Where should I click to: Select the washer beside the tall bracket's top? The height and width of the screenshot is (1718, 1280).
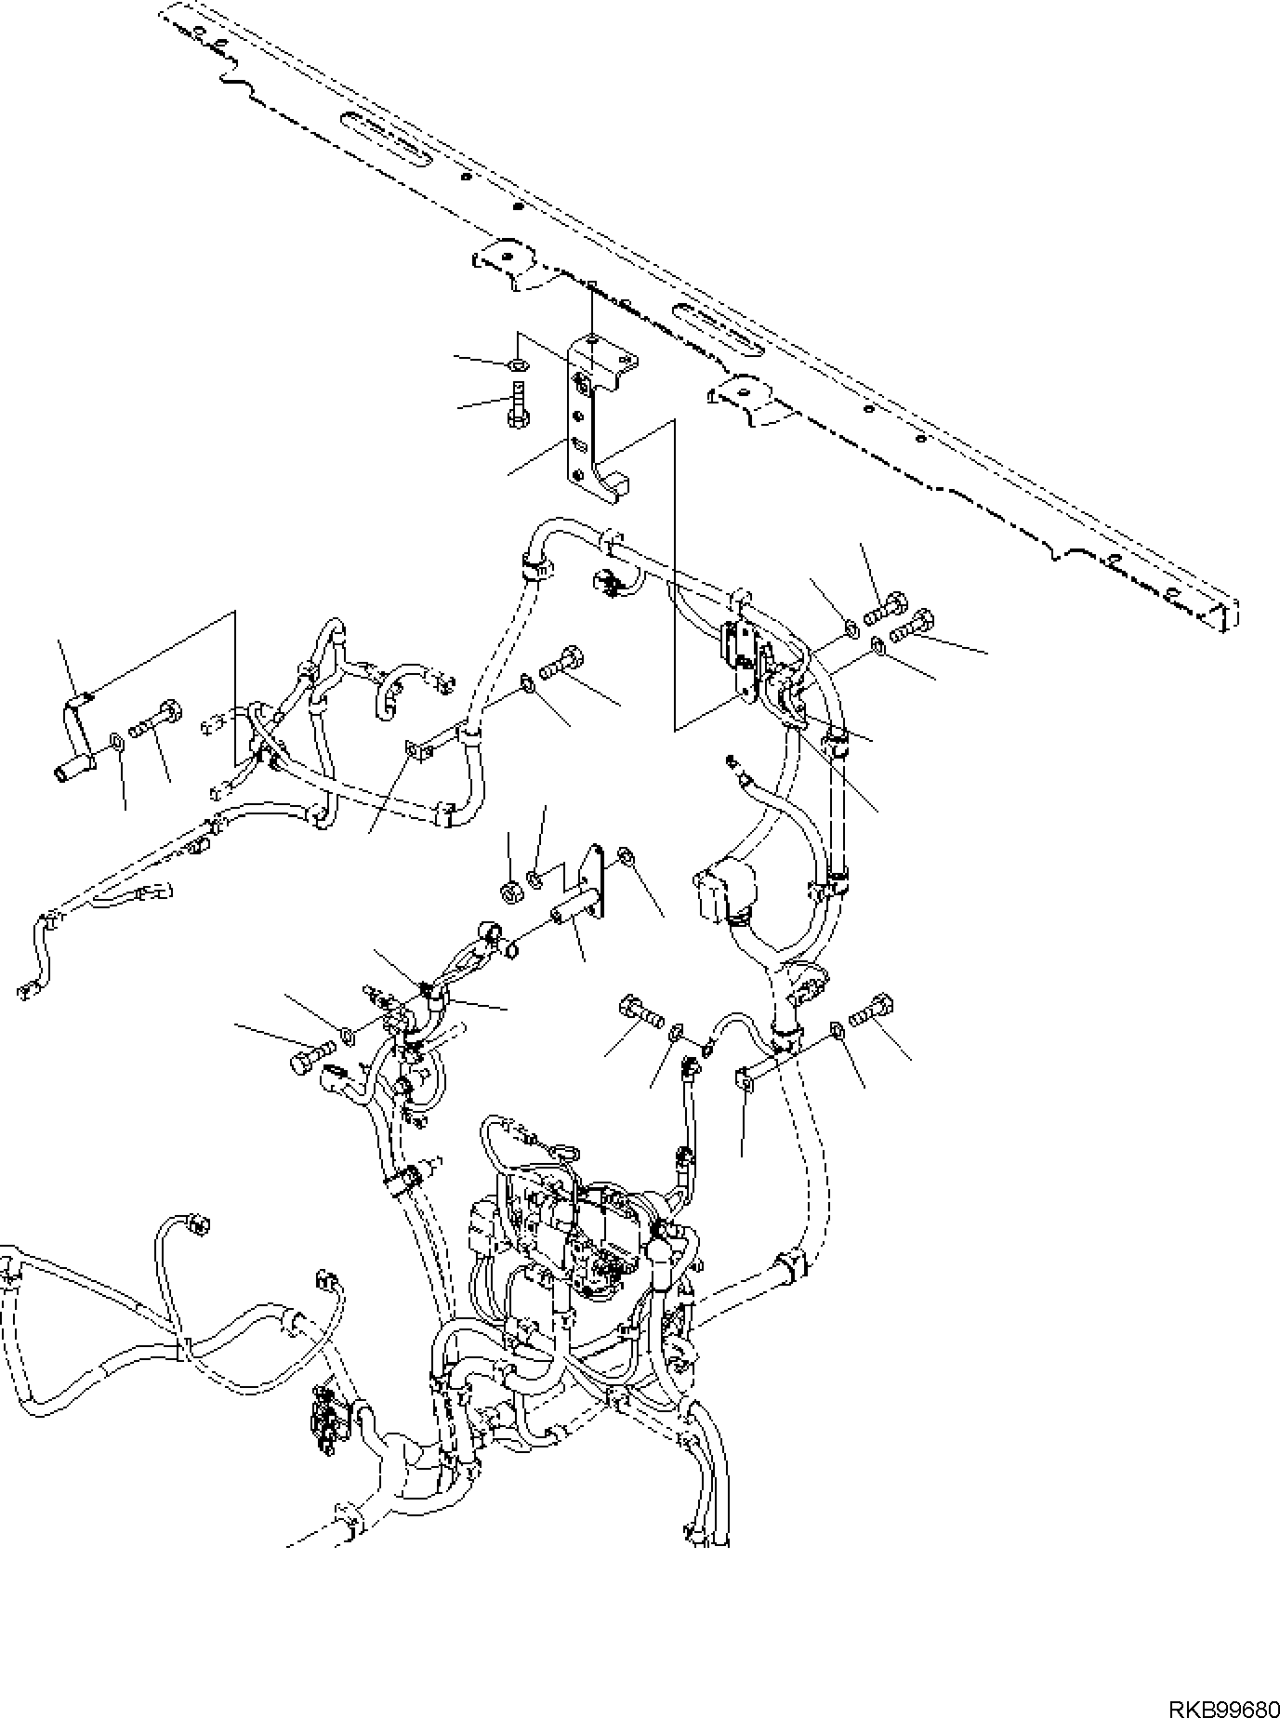click(x=520, y=362)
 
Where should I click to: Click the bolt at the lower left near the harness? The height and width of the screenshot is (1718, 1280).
click(x=309, y=1058)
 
